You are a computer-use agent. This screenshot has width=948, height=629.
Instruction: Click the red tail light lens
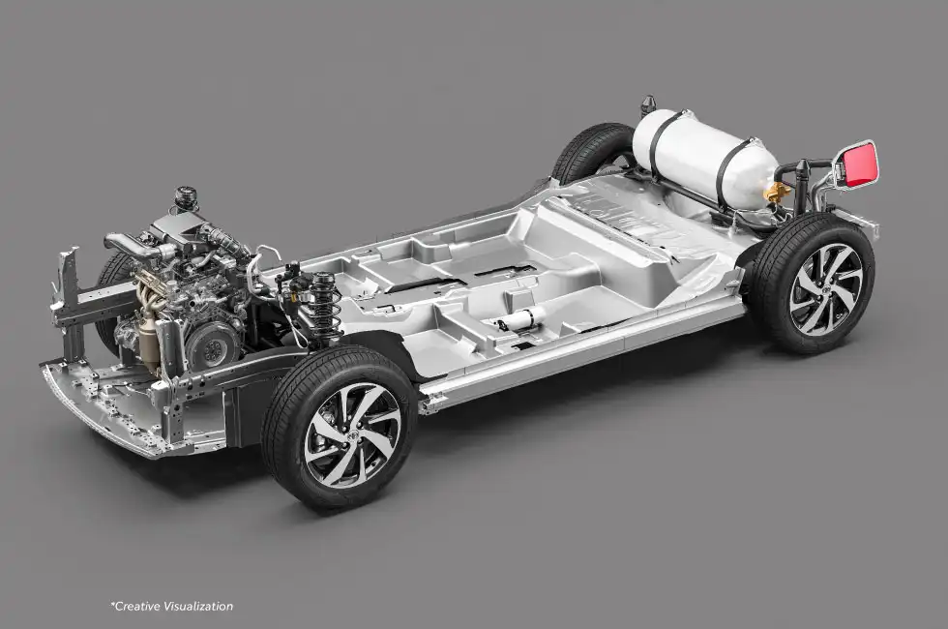pos(860,164)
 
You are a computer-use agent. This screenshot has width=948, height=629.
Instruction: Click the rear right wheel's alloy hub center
pos(826,289)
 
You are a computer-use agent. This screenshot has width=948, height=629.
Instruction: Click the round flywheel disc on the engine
pos(211,346)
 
